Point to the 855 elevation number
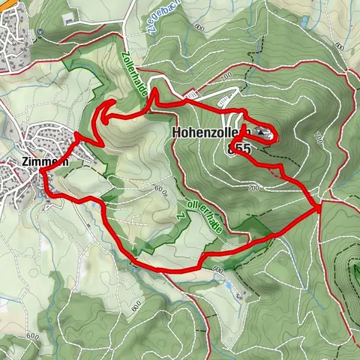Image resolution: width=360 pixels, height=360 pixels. coord(238,148)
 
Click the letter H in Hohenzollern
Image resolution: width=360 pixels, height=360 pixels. coord(177,132)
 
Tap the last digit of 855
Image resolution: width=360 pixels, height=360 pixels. coord(246,148)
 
